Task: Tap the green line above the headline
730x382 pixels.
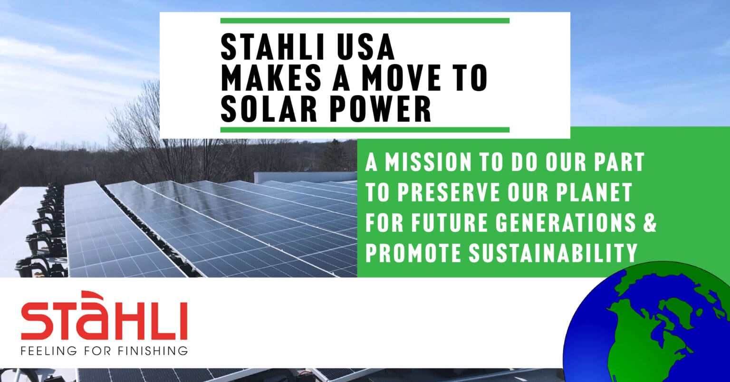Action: coord(365,21)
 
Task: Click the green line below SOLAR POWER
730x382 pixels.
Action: coord(365,130)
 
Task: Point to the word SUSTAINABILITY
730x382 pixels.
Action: coord(553,253)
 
